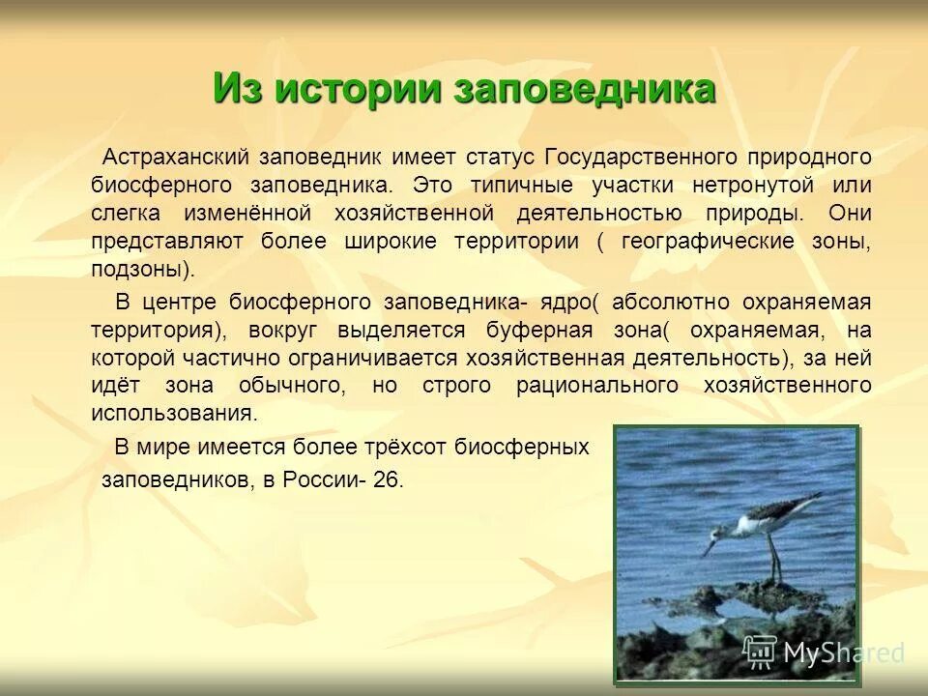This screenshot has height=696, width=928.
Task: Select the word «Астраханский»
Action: click(178, 157)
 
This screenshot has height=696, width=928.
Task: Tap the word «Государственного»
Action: click(642, 157)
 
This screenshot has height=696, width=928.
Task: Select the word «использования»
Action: click(174, 414)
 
